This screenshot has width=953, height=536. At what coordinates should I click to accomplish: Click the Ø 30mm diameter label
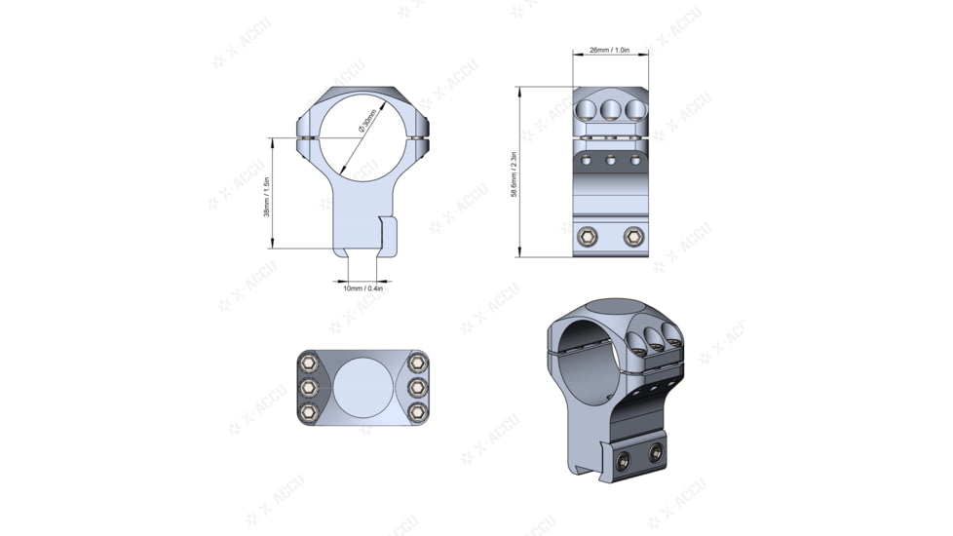[366, 121]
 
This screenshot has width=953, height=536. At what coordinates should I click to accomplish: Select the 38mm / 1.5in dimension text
[267, 196]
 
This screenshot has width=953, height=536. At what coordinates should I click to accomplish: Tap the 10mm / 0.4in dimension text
[362, 288]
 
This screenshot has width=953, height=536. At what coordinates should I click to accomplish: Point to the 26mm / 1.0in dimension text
[610, 50]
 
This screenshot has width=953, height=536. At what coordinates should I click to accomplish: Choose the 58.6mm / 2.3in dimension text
[514, 174]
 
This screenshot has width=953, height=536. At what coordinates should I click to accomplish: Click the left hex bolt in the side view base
[588, 236]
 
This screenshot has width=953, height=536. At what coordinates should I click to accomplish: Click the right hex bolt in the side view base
[633, 236]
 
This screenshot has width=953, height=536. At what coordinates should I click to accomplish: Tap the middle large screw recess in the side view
[611, 107]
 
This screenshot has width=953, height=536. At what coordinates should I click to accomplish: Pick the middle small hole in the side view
[611, 160]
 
